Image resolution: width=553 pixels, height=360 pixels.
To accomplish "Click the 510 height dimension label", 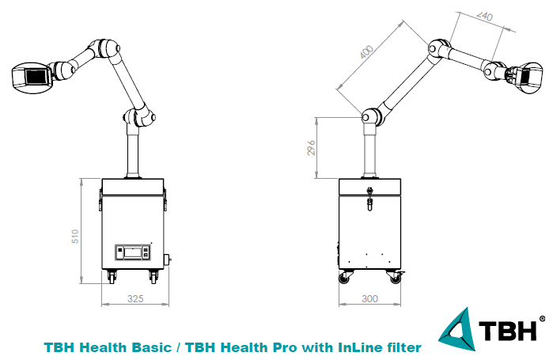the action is tap(75, 237).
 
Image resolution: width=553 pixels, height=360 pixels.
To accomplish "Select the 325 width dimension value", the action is tap(135, 299).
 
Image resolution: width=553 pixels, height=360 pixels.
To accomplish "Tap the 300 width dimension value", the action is tap(369, 299).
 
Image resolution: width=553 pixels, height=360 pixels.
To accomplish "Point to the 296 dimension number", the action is tap(311, 148).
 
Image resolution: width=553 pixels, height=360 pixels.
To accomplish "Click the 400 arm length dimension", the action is tap(367, 52).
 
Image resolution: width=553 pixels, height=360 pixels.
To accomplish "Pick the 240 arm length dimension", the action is tap(485, 16).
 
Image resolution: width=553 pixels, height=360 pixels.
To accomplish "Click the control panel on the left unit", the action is tap(134, 252).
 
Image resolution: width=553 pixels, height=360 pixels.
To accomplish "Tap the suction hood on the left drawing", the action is tap(32, 78).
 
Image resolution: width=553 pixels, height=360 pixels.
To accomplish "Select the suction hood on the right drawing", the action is tap(529, 78).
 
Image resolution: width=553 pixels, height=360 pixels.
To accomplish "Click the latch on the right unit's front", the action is tap(369, 199).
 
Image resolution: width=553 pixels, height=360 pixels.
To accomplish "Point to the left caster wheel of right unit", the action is tap(345, 277).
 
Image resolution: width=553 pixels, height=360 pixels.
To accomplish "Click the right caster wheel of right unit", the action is tap(396, 277).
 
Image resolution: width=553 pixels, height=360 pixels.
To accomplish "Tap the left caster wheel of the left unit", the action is tap(112, 277).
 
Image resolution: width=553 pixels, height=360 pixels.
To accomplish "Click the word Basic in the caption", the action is tap(152, 347).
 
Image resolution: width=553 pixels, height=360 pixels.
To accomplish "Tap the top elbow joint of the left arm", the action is tap(105, 48).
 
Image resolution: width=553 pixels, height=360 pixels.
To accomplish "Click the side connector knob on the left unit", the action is tap(169, 260).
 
